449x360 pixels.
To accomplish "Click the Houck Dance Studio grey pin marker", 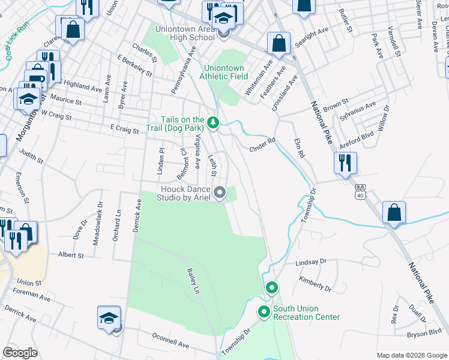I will (220, 193).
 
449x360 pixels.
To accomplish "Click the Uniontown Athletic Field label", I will (226, 72).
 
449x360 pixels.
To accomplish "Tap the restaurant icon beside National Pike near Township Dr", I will (345, 163).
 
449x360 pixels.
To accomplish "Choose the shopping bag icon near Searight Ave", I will (279, 43).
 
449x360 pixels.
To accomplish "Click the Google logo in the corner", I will (20, 353).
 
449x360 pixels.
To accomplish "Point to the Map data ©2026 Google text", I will (411, 355).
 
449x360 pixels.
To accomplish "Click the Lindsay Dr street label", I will (311, 262).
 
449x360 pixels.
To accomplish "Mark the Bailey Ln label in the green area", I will (193, 281).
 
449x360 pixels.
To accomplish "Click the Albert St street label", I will (70, 255).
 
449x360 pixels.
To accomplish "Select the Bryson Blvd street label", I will (426, 332).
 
